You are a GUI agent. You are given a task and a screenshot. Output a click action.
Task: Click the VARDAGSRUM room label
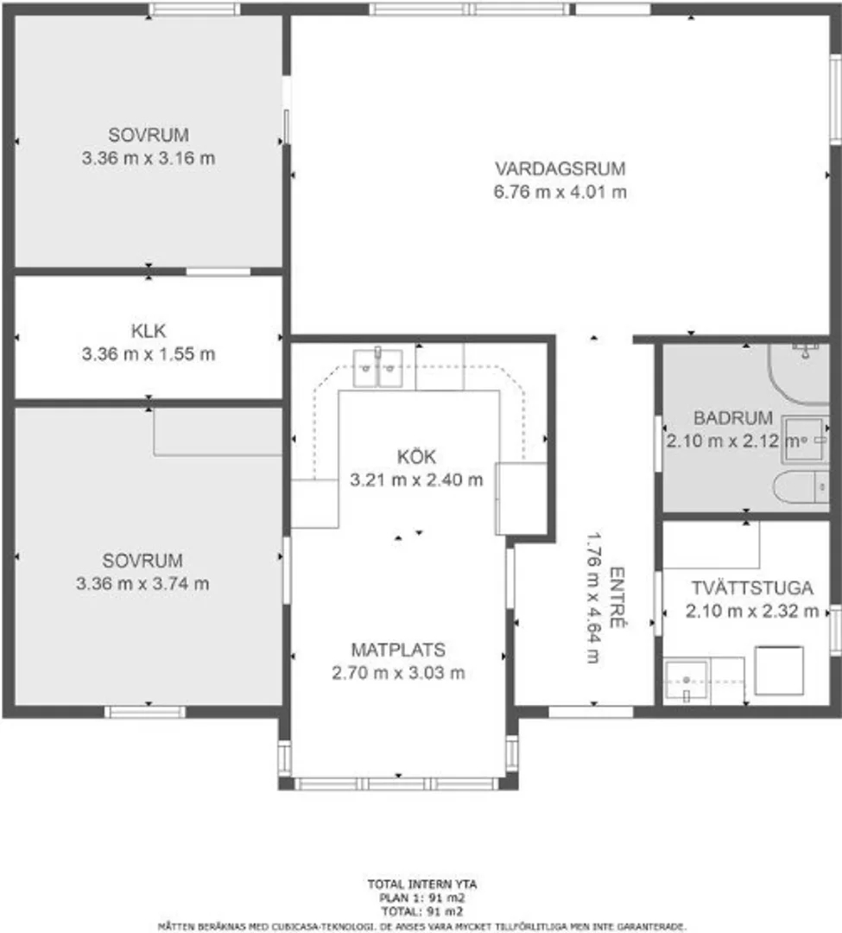click(560, 168)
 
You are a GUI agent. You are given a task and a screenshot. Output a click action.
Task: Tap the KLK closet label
click(148, 331)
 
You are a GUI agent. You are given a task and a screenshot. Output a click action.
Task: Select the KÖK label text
click(416, 456)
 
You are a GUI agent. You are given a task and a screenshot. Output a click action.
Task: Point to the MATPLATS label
click(398, 650)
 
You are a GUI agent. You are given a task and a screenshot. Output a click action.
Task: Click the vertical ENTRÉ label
click(617, 598)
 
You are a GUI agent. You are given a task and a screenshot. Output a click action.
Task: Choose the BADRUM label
click(733, 418)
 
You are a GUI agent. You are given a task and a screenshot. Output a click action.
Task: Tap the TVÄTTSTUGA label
click(752, 588)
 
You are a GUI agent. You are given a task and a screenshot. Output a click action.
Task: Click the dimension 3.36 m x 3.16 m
click(148, 158)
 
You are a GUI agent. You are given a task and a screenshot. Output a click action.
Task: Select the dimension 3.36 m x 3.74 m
click(142, 584)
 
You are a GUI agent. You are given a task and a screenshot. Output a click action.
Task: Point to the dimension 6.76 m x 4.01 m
click(560, 192)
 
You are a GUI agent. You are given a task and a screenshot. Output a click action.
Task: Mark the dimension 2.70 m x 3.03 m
click(398, 673)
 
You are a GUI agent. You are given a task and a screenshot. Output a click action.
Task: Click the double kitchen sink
click(377, 368)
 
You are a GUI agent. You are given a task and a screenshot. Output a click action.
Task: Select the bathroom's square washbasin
click(805, 440)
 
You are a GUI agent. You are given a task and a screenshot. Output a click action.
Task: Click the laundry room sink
click(687, 680)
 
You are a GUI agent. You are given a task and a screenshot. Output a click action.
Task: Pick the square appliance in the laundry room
click(779, 670)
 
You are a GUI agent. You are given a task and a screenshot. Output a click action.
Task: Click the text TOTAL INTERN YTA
click(422, 885)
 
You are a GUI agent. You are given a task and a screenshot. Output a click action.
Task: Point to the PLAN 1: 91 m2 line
click(422, 898)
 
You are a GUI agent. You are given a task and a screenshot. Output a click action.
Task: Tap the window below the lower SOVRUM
click(145, 712)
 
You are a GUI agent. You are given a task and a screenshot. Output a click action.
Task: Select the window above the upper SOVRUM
click(194, 9)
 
